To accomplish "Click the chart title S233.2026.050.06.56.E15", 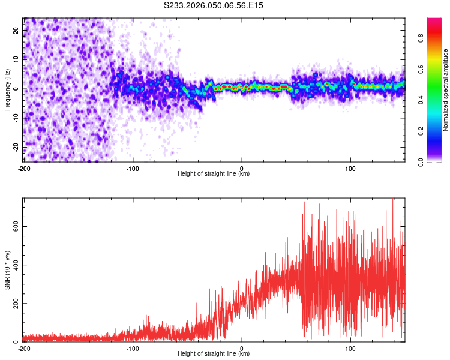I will [x=214, y=5].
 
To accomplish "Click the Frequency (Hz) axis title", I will [x=7, y=89].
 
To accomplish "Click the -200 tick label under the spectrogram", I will [x=24, y=167].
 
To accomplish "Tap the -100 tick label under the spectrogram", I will [x=133, y=167].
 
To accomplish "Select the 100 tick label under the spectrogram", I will [x=350, y=167].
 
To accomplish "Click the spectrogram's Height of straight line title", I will [x=214, y=174].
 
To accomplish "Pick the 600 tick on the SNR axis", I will [x=14, y=226].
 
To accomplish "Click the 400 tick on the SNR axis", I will [x=14, y=265].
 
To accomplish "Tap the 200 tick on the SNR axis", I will [x=14, y=304].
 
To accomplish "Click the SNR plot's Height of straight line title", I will [x=214, y=354].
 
